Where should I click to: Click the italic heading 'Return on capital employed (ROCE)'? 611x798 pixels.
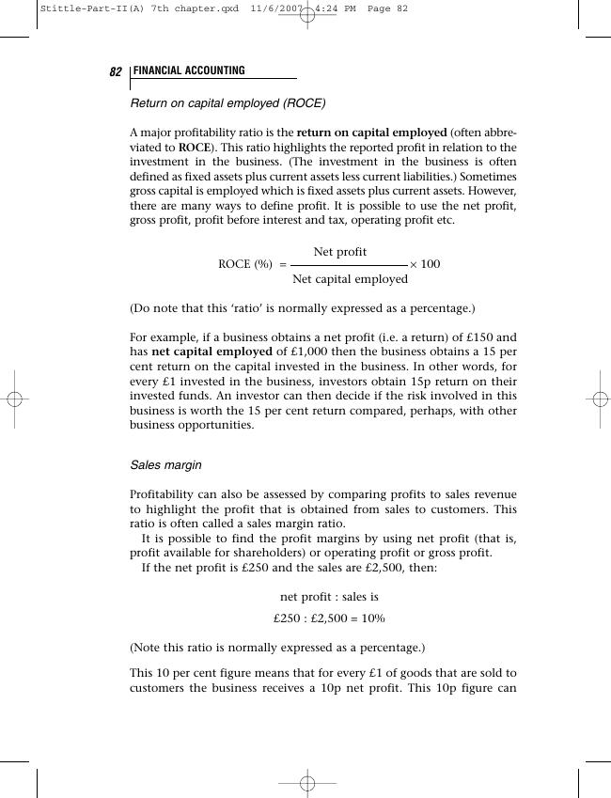point(227,102)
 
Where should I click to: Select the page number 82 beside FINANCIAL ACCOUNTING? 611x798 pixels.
point(117,72)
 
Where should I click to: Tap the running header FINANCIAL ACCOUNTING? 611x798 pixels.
point(189,71)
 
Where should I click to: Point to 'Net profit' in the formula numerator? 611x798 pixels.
point(340,252)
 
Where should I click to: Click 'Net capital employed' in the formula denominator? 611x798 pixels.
point(350,278)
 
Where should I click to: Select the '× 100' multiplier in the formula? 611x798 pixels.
point(425,264)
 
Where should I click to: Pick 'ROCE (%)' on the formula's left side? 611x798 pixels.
point(245,264)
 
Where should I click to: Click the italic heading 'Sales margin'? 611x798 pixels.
point(165,465)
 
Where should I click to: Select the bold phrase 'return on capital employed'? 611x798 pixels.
point(371,133)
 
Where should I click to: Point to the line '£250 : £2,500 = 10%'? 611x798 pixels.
point(329,618)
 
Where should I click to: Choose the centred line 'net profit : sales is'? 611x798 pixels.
point(329,597)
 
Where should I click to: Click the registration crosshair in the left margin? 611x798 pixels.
point(14,399)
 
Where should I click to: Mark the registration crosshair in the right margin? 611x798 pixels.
point(596,399)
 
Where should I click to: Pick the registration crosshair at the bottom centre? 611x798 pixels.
point(306,783)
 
